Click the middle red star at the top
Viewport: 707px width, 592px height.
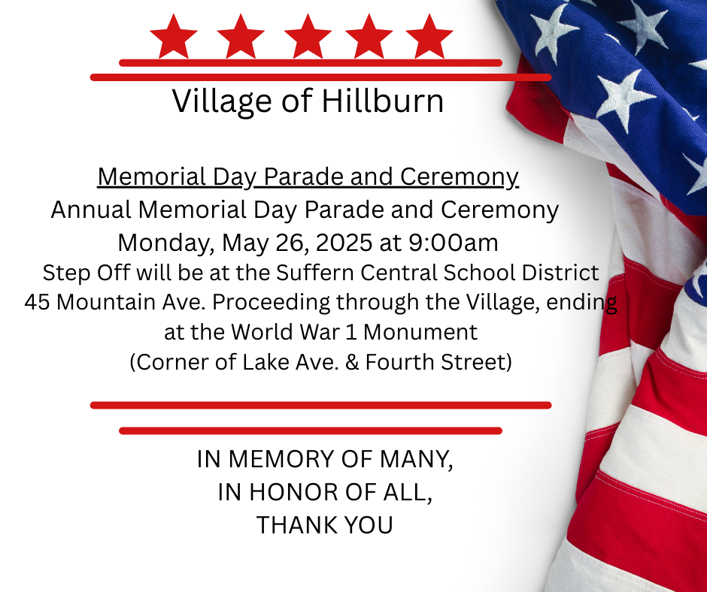(x=308, y=36)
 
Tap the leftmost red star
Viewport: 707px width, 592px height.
(x=174, y=36)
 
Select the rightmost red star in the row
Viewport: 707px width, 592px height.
(x=429, y=36)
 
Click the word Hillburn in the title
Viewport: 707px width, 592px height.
(x=383, y=101)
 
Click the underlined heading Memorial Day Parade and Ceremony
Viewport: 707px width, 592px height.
(x=308, y=177)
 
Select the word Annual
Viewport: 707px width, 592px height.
(x=91, y=210)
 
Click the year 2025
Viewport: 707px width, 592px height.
(x=344, y=243)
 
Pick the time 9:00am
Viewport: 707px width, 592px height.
(x=454, y=243)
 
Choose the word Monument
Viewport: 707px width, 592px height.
(x=420, y=333)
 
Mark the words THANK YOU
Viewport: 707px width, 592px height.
(x=325, y=525)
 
